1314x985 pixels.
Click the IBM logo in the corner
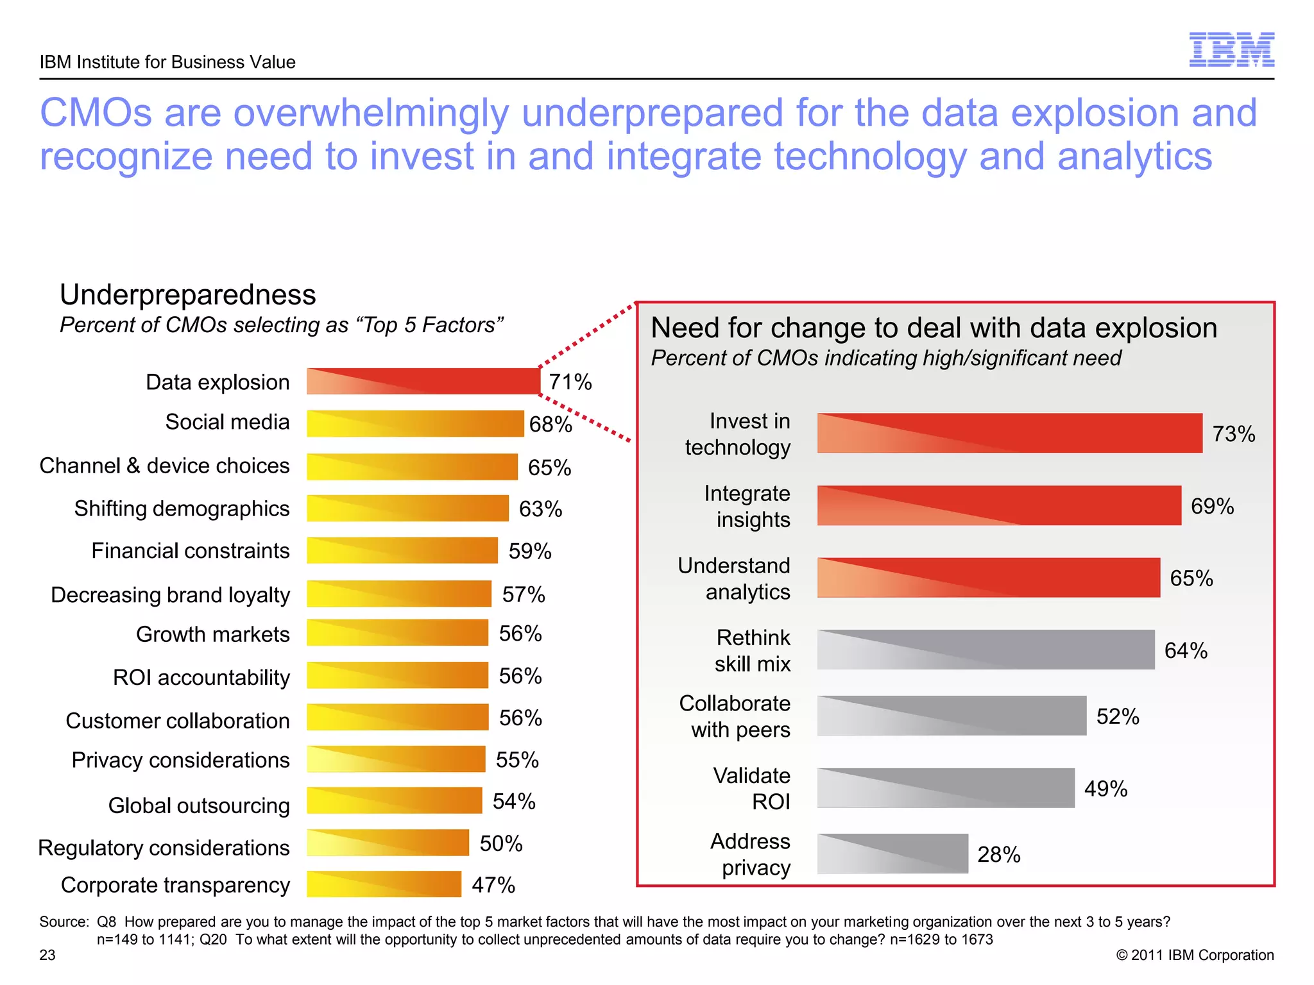point(1231,49)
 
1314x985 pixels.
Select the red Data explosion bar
point(423,381)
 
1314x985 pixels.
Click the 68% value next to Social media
point(550,425)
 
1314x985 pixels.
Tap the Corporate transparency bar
point(384,884)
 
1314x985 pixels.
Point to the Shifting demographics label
point(182,509)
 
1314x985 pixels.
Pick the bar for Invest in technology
point(1009,434)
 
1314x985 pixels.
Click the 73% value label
point(1233,434)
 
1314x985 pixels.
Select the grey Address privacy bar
point(892,854)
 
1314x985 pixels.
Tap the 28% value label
point(998,855)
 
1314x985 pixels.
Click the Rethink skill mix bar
point(985,650)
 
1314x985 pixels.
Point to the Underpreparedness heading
point(188,295)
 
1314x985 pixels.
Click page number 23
point(47,956)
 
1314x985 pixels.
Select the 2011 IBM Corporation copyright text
point(1195,956)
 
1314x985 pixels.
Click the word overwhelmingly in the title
point(370,114)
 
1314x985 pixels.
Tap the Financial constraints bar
point(402,551)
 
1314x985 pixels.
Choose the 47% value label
point(493,886)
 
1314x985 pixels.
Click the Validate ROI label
point(752,789)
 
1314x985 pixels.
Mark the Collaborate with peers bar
point(951,716)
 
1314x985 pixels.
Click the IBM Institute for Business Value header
point(167,62)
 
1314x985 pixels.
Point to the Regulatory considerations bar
point(388,843)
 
